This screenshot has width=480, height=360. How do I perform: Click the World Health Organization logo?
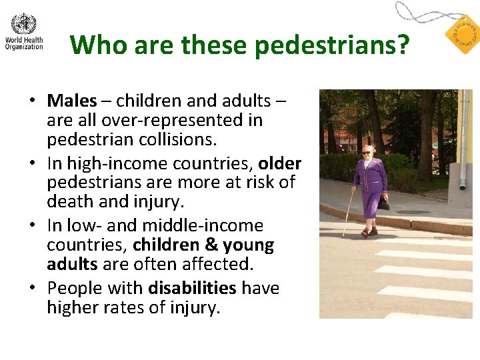click(24, 31)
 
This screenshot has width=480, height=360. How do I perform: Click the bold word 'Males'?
click(71, 101)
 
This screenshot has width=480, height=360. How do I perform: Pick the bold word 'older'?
click(280, 163)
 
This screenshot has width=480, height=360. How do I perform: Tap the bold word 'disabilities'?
click(192, 288)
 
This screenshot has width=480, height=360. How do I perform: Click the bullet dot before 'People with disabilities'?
click(32, 288)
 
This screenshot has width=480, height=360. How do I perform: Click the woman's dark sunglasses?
click(367, 153)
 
